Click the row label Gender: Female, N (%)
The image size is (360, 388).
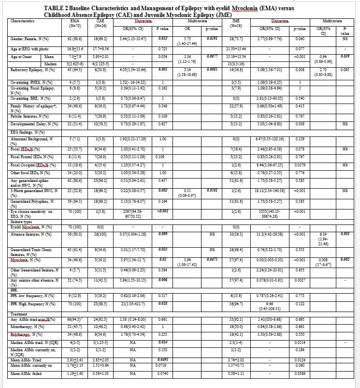(x=31, y=37)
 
